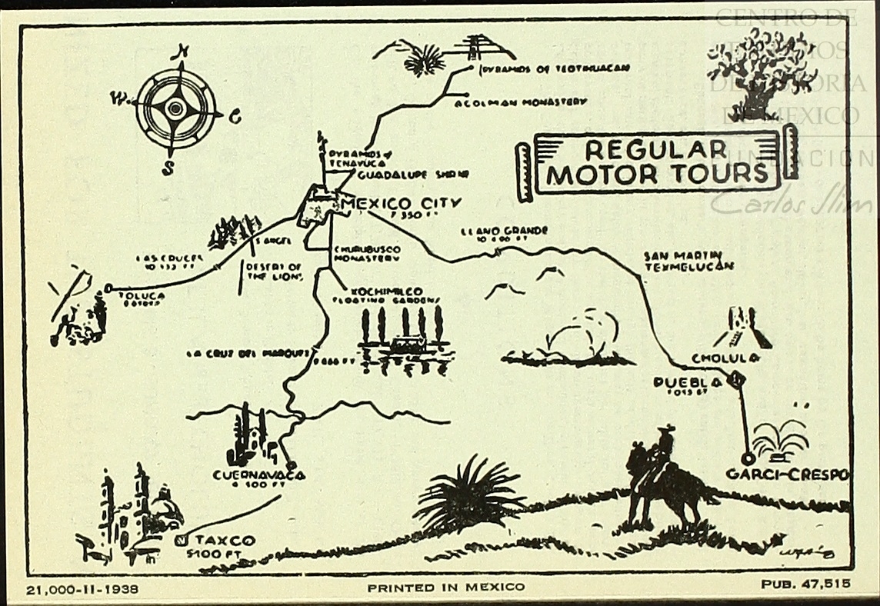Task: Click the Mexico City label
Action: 401,203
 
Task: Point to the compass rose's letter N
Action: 183,52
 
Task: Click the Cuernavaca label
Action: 259,474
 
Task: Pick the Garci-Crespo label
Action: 786,474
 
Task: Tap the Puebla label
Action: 688,382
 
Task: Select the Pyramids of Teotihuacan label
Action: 555,68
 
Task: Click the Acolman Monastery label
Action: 521,102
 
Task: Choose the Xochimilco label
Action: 387,291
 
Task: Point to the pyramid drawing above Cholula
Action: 742,329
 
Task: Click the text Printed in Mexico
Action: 446,587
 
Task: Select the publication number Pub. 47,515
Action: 805,584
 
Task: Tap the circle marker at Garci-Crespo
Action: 748,458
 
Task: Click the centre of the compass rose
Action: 175,108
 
